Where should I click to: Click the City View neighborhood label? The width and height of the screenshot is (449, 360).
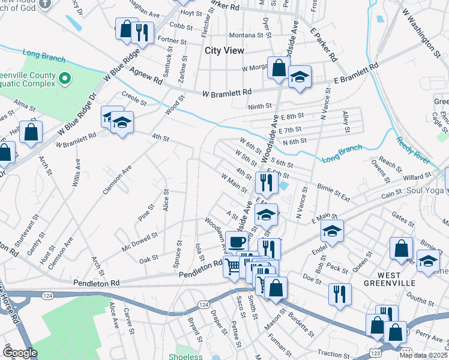pyautogui.click(x=224, y=51)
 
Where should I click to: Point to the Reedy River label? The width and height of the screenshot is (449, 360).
pyautogui.click(x=413, y=151)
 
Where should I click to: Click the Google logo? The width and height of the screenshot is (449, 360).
pyautogui.click(x=20, y=353)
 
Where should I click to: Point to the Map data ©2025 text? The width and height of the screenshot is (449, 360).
pyautogui.click(x=424, y=355)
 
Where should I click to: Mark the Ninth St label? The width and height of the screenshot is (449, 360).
pyautogui.click(x=260, y=107)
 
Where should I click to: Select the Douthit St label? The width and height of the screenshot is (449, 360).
pyautogui.click(x=415, y=295)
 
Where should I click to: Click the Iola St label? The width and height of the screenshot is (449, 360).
pyautogui.click(x=200, y=251)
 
